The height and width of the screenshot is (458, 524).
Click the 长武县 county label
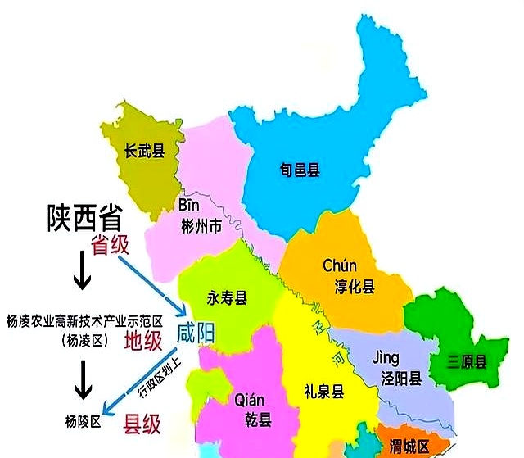click(x=145, y=151)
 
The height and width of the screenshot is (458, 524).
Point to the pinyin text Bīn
click(x=189, y=204)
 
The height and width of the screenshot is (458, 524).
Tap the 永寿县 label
click(x=227, y=299)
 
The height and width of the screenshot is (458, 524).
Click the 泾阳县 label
click(x=396, y=379)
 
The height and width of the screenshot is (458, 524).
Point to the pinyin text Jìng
click(x=385, y=358)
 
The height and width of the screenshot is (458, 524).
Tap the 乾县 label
click(x=250, y=419)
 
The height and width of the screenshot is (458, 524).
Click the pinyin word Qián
click(x=249, y=400)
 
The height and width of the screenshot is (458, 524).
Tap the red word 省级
click(x=111, y=245)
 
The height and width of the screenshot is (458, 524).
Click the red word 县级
click(x=141, y=424)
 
